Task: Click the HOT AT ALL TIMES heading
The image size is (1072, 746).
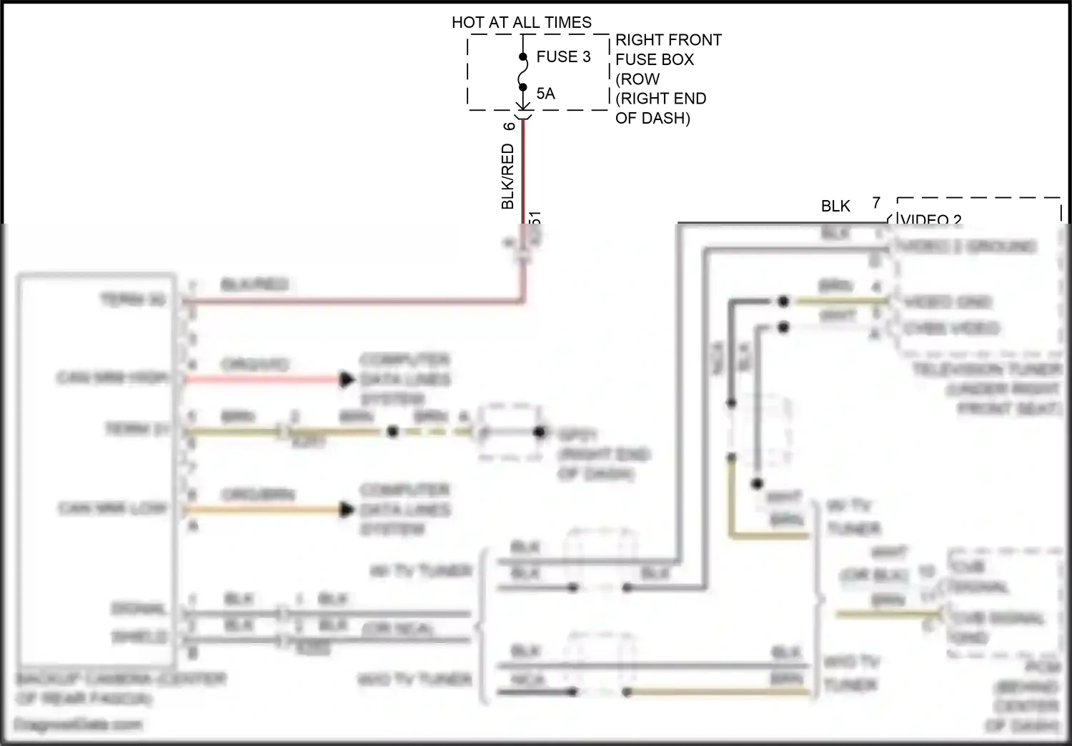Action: click(521, 22)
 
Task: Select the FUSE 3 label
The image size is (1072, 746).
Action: click(563, 56)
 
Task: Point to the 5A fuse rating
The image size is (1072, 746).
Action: click(545, 94)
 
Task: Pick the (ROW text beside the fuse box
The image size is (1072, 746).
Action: click(637, 79)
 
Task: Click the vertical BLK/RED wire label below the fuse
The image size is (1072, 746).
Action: click(507, 176)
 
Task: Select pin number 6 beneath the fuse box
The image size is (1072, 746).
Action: click(509, 126)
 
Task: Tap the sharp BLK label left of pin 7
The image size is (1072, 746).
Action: click(835, 207)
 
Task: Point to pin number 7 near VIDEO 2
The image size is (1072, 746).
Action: click(876, 203)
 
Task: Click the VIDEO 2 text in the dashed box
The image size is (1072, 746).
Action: click(931, 219)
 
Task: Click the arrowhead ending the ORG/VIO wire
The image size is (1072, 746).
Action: click(347, 379)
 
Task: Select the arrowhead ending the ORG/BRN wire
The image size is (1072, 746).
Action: click(347, 509)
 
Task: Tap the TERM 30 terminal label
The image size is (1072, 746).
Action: click(133, 299)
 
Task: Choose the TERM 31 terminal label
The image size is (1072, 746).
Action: click(137, 429)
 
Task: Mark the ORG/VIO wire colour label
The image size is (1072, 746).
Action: click(254, 364)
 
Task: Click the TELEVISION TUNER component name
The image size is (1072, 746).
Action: click(987, 370)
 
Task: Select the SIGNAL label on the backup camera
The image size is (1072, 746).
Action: click(139, 609)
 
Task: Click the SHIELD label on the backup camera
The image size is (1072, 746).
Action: click(139, 636)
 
